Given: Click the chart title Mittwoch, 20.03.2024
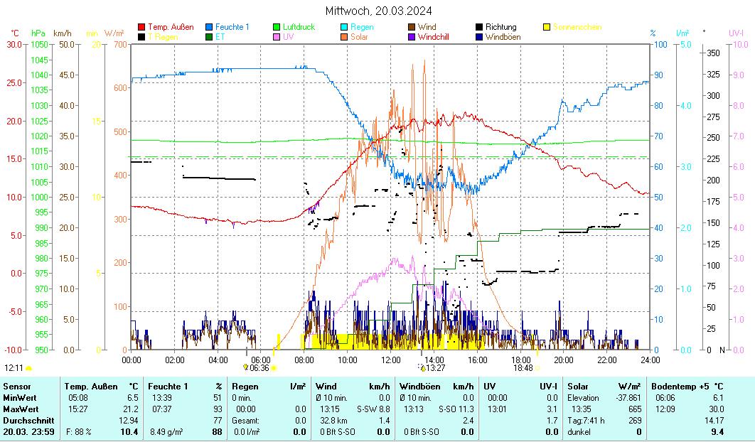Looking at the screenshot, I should coord(378,11).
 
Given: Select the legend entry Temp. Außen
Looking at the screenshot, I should coord(171,27).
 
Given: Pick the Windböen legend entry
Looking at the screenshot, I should coord(503,37).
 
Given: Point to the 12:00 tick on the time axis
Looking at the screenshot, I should coord(390,360).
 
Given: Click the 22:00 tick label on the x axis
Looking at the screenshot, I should coord(606,360).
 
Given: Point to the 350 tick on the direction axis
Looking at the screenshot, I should coord(712,53).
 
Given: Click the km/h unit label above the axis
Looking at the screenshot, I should coord(63,33).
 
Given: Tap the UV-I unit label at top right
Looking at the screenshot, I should coord(736,33).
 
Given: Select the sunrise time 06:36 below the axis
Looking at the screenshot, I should coord(259,368).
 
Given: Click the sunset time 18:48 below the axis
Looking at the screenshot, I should coord(523,368).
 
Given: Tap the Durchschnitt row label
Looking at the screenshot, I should coord(28,421).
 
